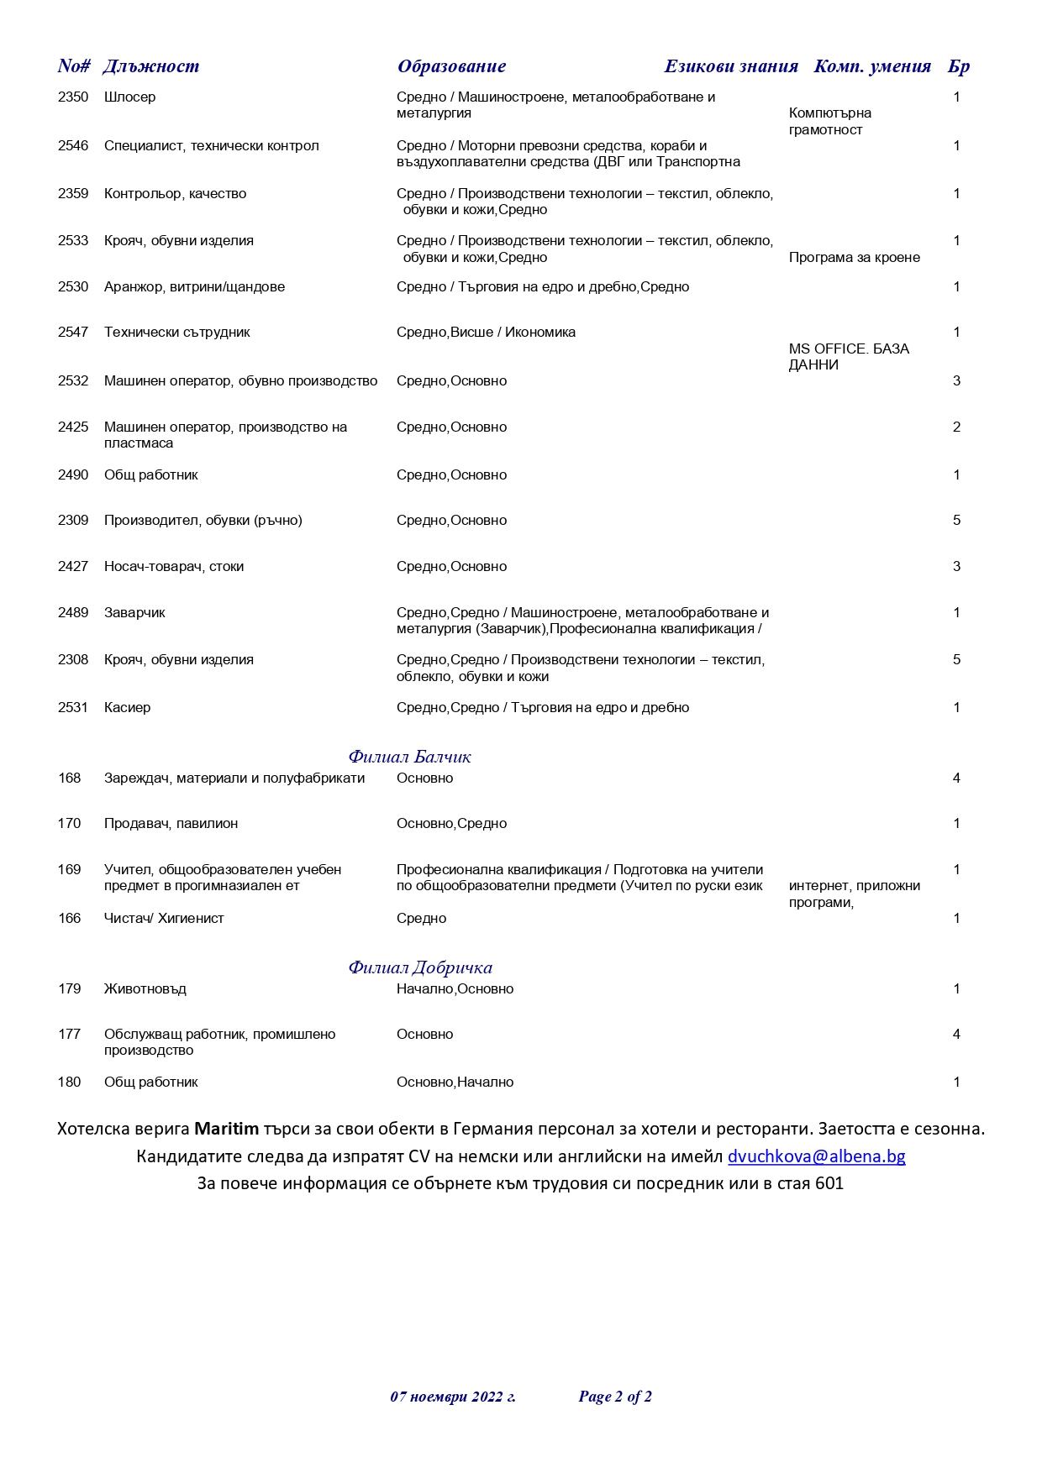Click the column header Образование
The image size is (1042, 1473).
pyautogui.click(x=451, y=66)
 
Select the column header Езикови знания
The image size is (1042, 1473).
pyautogui.click(x=730, y=66)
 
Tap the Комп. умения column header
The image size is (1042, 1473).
pyautogui.click(x=871, y=66)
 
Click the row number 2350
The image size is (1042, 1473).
pyautogui.click(x=73, y=97)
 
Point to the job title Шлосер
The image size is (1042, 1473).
pyautogui.click(x=129, y=97)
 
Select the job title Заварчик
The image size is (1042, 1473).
pyautogui.click(x=134, y=613)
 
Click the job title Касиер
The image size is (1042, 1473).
pyautogui.click(x=127, y=708)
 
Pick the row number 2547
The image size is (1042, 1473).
pyautogui.click(x=73, y=333)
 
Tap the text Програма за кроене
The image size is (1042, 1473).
pyautogui.click(x=854, y=258)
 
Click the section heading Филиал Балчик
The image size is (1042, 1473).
pyautogui.click(x=409, y=757)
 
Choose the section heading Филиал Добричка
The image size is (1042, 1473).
pyautogui.click(x=420, y=967)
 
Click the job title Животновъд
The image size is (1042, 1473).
pyautogui.click(x=145, y=989)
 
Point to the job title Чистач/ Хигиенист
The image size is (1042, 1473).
pyautogui.click(x=164, y=919)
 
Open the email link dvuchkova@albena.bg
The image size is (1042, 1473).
pyautogui.click(x=816, y=1156)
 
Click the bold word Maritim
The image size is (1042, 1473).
pyautogui.click(x=227, y=1129)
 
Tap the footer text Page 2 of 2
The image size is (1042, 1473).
pyautogui.click(x=615, y=1397)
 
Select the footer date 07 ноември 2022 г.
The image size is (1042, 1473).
pyautogui.click(x=453, y=1397)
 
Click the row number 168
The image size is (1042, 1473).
pyautogui.click(x=69, y=778)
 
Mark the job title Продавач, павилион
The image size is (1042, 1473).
pyautogui.click(x=171, y=824)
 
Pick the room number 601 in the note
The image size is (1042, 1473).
pyautogui.click(x=829, y=1184)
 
